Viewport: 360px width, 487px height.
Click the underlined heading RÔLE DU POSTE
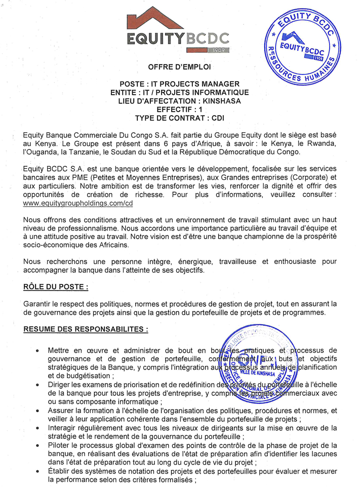click(56, 286)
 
